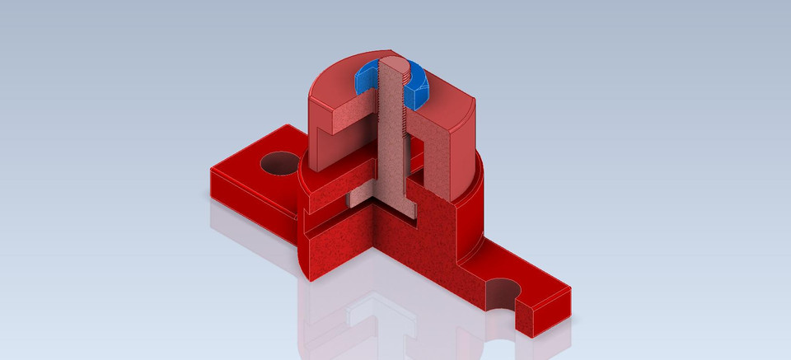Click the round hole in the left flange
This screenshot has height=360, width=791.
(277, 162)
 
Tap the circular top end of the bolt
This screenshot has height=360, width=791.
(395, 66)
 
